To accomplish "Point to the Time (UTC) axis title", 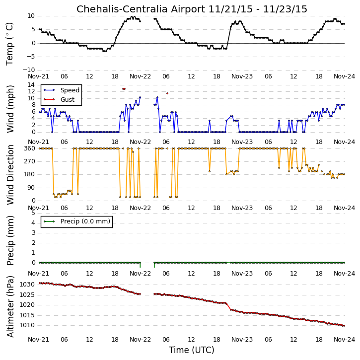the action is [x=192, y=350].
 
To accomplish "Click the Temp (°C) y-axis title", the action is [x=9, y=44].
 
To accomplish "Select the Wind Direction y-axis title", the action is [x=10, y=175].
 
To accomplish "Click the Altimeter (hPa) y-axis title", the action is [x=10, y=306].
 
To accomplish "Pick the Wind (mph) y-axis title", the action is [x=10, y=109].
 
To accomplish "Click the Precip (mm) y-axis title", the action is [x=10, y=240].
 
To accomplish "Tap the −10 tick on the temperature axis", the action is [x=29, y=70].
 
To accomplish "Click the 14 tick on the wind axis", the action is [x=31, y=85].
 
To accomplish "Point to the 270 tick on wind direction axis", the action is [x=30, y=161].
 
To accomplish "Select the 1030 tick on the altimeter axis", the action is [x=27, y=285].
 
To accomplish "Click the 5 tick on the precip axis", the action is [x=33, y=213].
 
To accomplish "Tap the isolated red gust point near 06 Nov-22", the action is [x=167, y=93].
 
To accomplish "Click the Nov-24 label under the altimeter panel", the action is [x=344, y=340].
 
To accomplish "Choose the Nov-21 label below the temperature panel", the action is [x=38, y=76].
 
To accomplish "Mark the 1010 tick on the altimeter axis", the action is [x=27, y=325].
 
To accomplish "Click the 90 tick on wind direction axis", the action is [x=31, y=188].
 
